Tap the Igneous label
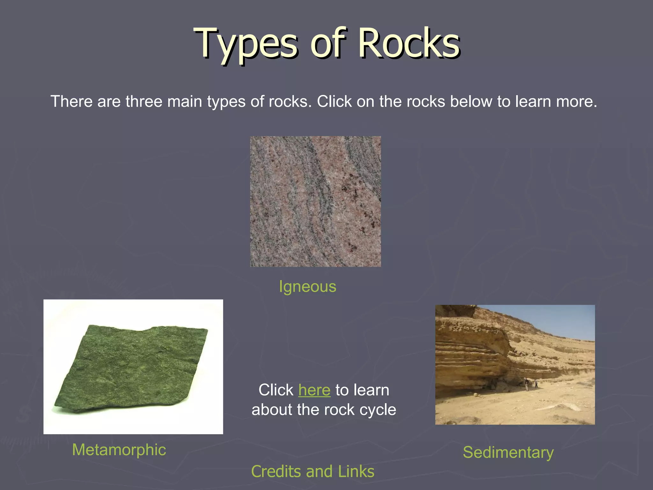[307, 286]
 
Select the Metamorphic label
[119, 450]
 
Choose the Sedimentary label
[508, 452]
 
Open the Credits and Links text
[312, 471]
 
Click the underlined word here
[314, 390]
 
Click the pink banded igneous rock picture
[315, 201]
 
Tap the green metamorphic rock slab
[131, 367]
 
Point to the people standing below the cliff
[531, 383]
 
